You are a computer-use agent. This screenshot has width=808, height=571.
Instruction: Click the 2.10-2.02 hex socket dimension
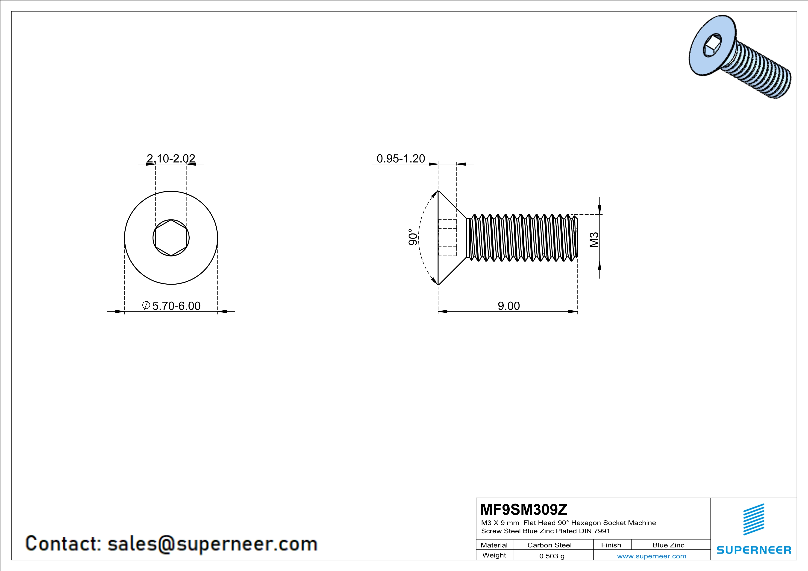pos(171,159)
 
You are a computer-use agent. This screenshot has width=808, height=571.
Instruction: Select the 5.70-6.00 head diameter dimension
pos(176,306)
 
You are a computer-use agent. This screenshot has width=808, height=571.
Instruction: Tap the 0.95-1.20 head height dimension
pos(401,159)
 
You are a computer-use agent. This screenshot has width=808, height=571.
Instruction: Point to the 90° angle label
pos(413,237)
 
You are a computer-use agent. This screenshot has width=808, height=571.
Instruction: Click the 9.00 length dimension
pos(508,306)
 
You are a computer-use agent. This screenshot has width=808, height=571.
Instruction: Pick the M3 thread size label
pos(594,240)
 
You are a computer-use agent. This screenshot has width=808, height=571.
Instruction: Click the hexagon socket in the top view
pos(171,238)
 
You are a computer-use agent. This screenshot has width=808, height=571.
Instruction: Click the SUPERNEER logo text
pos(754,550)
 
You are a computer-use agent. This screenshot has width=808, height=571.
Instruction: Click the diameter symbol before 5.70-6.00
pos(146,305)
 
